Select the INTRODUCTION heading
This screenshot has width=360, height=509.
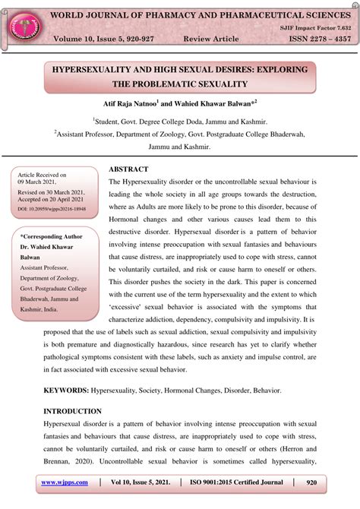pos(77,411)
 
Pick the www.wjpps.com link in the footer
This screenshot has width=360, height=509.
pos(65,483)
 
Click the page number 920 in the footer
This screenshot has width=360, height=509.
pos(311,483)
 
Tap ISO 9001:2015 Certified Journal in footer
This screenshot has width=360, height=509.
pos(240,483)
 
